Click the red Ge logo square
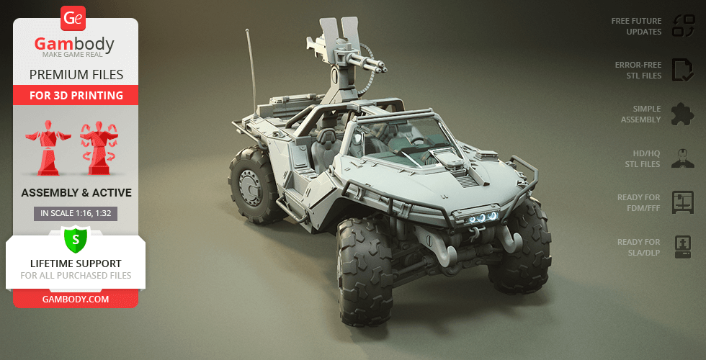(73, 18)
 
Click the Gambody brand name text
(74, 44)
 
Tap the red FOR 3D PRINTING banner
(76, 95)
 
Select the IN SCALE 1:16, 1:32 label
(76, 214)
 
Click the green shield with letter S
(76, 239)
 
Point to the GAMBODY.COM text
(76, 299)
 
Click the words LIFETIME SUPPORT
(76, 264)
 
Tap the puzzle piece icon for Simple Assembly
(683, 114)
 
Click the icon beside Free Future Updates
(684, 26)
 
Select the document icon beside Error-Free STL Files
(683, 70)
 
